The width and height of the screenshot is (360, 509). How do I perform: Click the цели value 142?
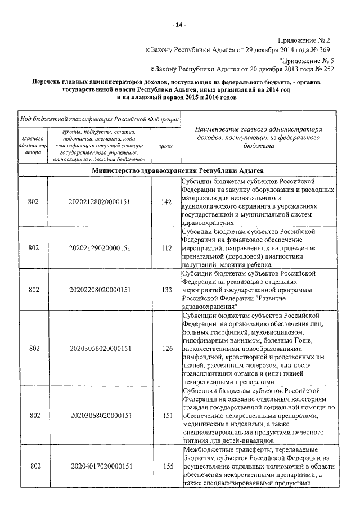tap(166, 201)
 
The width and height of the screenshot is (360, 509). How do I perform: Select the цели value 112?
tap(166, 247)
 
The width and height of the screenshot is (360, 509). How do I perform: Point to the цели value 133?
tap(166, 290)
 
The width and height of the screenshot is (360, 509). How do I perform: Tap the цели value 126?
tap(166, 348)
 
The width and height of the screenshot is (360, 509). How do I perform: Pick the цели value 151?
tap(166, 416)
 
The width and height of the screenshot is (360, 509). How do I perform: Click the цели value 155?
tap(166, 467)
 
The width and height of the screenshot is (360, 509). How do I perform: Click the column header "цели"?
tap(166, 145)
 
